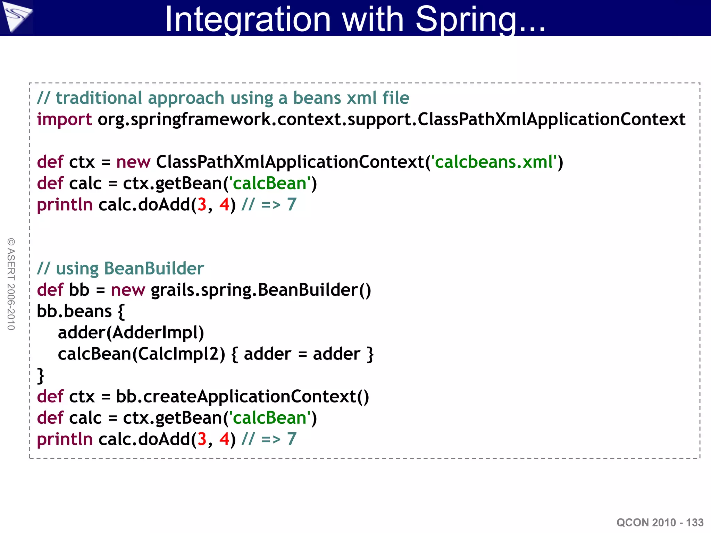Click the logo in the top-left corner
coord(16,17)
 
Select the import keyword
coord(64,120)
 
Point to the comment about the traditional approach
coord(223,98)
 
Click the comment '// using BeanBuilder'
coord(120,269)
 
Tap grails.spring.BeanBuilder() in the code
coord(261,290)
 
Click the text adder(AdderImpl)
coord(131,333)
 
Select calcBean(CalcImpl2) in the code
coord(141,354)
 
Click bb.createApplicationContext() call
coord(242,397)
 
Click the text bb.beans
coord(74,311)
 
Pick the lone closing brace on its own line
coord(41,376)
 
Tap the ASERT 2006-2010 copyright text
coord(11,284)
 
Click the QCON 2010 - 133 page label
coord(660,522)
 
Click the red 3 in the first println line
coord(202,205)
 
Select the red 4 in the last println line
coord(224,439)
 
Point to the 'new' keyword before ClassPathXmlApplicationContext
coord(133,162)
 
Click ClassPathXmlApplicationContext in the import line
coord(551,120)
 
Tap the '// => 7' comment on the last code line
coord(269,439)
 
